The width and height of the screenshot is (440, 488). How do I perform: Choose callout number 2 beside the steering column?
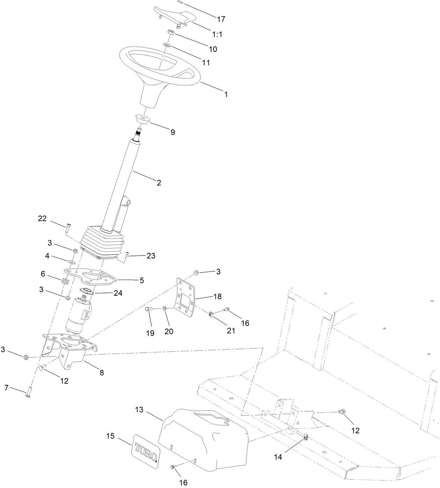pyautogui.click(x=159, y=182)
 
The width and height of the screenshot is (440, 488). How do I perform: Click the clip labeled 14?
pyautogui.click(x=305, y=437)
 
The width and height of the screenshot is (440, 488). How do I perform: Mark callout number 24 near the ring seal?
pyautogui.click(x=118, y=293)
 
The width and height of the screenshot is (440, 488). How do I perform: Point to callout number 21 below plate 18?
pyautogui.click(x=231, y=330)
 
